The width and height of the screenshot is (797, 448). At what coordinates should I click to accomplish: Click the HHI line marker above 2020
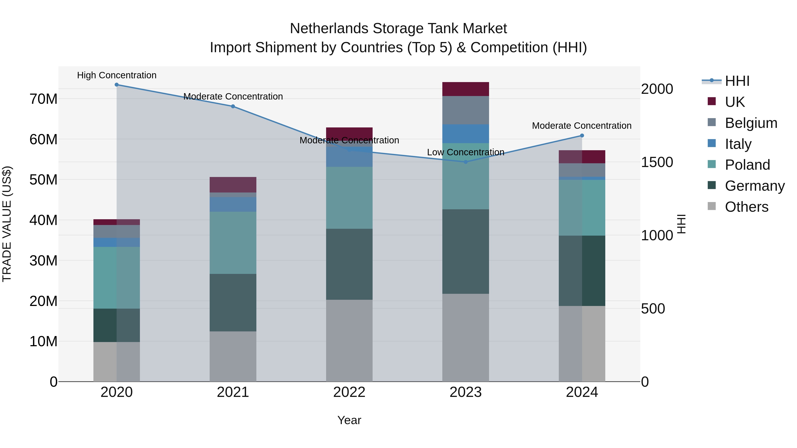117,85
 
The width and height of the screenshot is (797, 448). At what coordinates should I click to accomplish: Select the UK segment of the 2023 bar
465,89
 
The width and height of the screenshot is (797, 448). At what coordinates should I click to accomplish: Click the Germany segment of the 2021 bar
233,302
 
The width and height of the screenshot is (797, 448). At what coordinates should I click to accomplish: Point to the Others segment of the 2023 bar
465,337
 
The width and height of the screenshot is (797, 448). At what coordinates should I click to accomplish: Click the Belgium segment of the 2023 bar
465,110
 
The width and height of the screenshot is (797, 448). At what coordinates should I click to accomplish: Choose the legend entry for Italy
738,144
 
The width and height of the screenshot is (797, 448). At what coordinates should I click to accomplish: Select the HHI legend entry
737,81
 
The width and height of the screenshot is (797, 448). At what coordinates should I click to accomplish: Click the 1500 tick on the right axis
657,162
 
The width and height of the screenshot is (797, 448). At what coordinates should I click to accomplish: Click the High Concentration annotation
117,75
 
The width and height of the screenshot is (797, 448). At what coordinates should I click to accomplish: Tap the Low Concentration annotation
465,152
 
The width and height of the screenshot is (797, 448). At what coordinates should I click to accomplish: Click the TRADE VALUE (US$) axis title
7,224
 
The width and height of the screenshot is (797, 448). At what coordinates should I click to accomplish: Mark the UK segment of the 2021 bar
233,185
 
